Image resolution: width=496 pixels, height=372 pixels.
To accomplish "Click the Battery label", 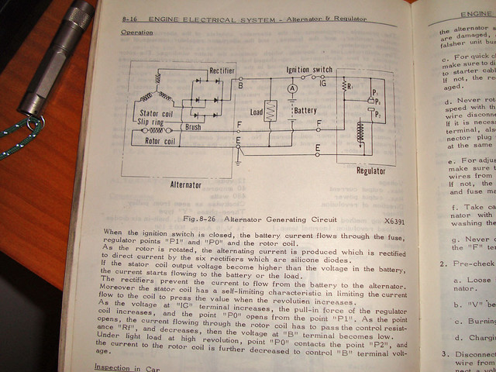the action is point(305,111).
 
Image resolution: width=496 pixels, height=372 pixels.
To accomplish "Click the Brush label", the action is point(193,127).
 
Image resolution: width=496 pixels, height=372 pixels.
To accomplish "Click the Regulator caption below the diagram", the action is point(371,170).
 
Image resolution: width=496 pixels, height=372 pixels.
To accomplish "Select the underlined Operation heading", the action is point(137,33).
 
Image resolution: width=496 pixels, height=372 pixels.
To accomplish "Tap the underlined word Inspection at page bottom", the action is point(112,367).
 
